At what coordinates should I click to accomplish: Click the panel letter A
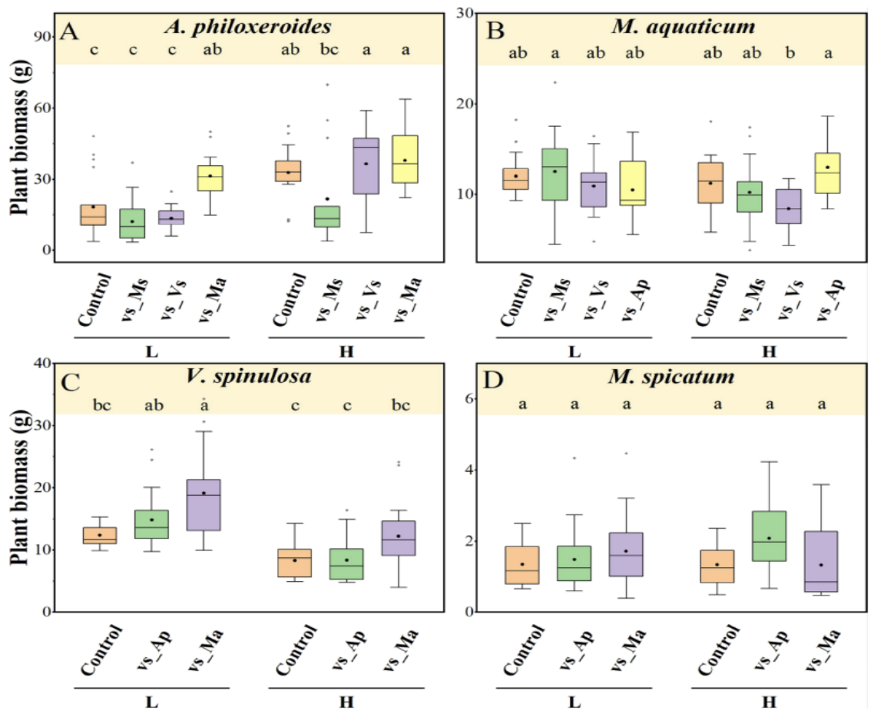pos(71,32)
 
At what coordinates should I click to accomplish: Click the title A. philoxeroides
pos(247,28)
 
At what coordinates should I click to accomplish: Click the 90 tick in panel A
pos(43,37)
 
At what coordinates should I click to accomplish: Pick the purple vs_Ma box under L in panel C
pos(204,505)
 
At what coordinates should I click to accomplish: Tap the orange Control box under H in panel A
pos(288,171)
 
